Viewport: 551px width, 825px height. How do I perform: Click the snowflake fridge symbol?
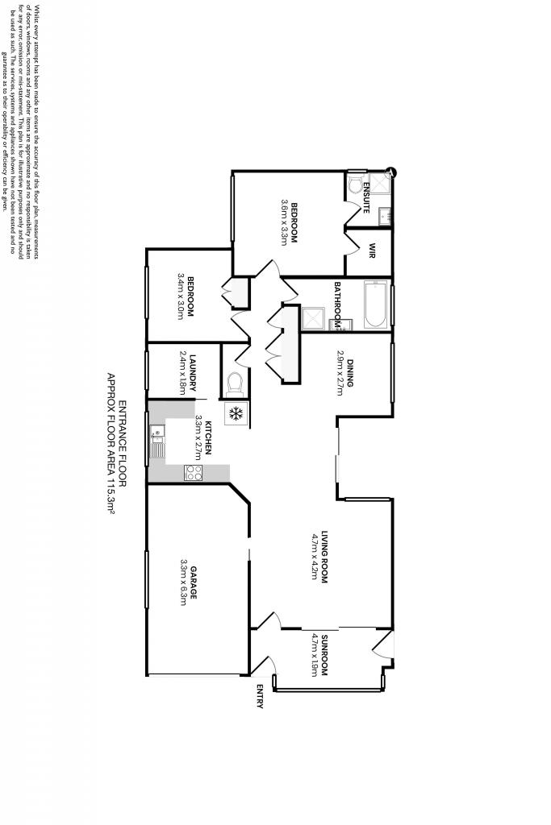point(236,414)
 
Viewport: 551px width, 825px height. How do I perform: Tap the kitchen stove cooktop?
point(194,473)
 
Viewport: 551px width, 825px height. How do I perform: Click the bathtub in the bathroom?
point(374,305)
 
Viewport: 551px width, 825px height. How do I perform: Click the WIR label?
point(373,250)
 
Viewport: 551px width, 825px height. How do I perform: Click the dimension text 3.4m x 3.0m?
point(181,297)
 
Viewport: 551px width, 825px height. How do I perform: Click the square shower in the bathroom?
point(312,318)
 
